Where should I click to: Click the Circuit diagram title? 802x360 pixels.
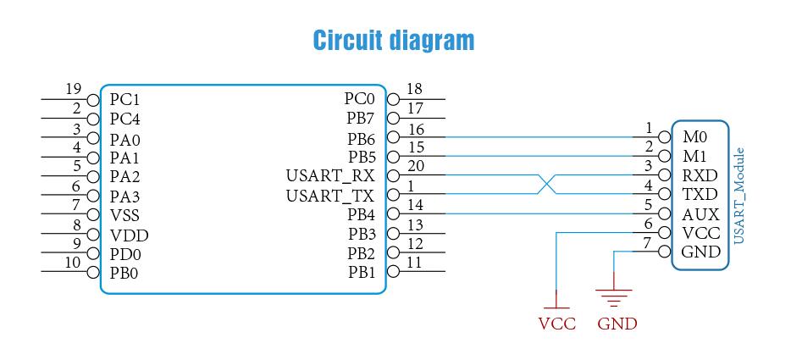[x=393, y=41]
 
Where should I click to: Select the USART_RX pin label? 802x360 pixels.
[x=330, y=176]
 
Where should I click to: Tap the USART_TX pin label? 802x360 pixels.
[x=330, y=196]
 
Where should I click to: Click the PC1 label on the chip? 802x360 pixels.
[x=124, y=100]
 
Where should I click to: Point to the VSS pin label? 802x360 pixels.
[x=124, y=215]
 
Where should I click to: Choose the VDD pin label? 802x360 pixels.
[x=129, y=235]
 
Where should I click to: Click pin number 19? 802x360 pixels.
[x=74, y=89]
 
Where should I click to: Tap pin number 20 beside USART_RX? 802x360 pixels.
[x=414, y=166]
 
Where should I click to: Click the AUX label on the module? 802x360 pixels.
[x=700, y=214]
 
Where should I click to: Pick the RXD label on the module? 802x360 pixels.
[x=700, y=175]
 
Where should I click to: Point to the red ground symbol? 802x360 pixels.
[x=614, y=296]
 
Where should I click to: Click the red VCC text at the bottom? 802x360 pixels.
[x=557, y=324]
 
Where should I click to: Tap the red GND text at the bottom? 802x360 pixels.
[x=617, y=324]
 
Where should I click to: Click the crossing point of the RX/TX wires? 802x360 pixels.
[x=546, y=185]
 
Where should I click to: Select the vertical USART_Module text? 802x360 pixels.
[x=738, y=196]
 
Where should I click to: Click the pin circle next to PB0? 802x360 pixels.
[x=93, y=272]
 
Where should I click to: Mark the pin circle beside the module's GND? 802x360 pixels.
[x=665, y=252]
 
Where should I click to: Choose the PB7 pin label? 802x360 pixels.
[x=361, y=119]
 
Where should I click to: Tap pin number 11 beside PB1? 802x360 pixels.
[x=414, y=263]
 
